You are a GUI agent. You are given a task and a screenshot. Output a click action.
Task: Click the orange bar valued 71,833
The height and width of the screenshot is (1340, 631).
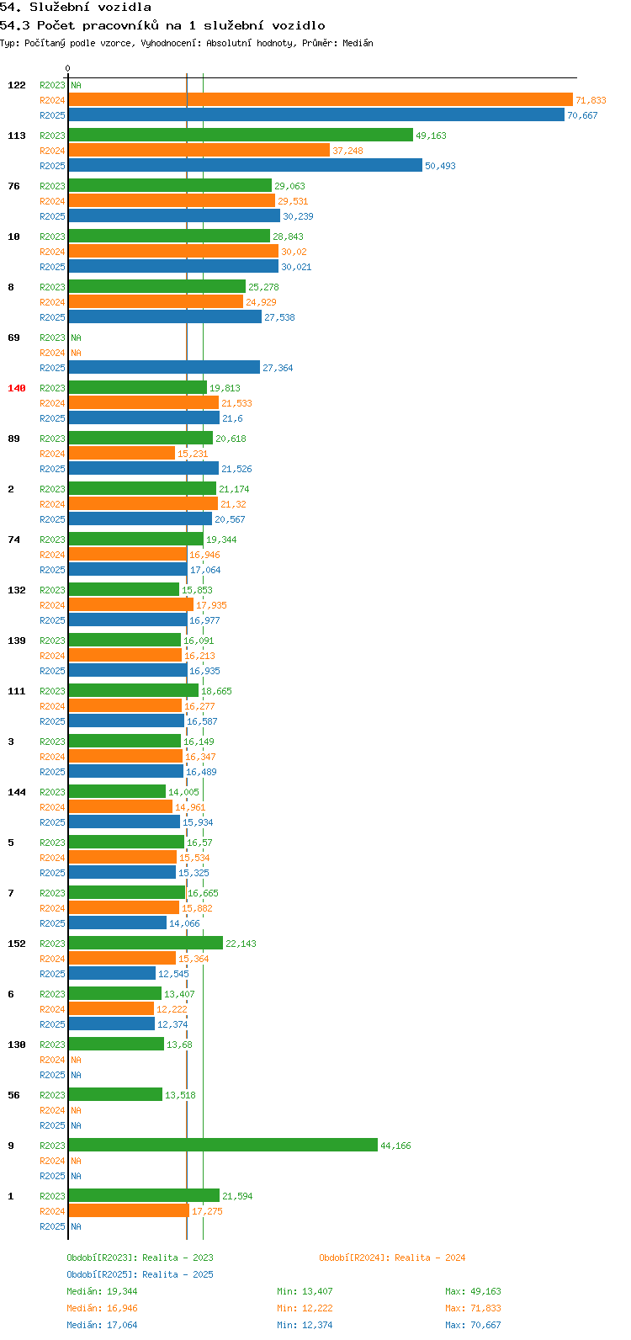[x=321, y=100]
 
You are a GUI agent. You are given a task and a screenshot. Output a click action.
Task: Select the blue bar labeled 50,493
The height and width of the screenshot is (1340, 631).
[x=245, y=165]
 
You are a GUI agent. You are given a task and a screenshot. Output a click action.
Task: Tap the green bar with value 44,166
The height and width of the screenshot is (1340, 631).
[x=223, y=1145]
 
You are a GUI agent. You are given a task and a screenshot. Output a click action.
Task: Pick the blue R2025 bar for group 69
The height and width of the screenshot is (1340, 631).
[x=164, y=367]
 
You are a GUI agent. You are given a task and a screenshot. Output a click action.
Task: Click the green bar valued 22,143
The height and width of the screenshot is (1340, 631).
[x=146, y=943]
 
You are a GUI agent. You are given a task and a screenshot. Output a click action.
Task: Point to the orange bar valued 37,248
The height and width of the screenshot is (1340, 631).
[x=199, y=150]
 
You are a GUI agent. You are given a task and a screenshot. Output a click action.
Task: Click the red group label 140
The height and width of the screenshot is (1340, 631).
[x=17, y=388]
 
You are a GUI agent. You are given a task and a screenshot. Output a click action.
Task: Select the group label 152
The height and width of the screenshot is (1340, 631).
[x=17, y=944]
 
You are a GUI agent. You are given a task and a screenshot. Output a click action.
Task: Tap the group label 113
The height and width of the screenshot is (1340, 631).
[x=17, y=136]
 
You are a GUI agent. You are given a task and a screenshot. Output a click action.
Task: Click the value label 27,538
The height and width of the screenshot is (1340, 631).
[x=279, y=317]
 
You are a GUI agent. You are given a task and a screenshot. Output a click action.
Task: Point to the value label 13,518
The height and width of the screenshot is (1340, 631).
[x=180, y=1095]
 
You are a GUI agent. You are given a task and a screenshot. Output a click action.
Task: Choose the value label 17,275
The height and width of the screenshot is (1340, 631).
[x=207, y=1210]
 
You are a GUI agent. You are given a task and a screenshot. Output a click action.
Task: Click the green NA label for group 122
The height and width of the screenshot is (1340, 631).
[x=76, y=85]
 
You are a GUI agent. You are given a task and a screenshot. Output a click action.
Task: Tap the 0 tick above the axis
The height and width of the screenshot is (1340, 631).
[x=67, y=68]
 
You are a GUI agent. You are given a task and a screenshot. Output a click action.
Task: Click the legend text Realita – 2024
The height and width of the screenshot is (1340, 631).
[x=430, y=1258]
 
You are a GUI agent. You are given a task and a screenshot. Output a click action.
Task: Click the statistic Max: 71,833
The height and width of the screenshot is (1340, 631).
[x=473, y=1308]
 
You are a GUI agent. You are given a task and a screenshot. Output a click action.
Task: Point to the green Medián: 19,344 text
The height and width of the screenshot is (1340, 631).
[x=102, y=1291]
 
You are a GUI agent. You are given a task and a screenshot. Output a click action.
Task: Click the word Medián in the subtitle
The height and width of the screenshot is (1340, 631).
[x=358, y=43]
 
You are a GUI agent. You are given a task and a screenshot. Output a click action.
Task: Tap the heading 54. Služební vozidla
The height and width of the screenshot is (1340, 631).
[x=76, y=8]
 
